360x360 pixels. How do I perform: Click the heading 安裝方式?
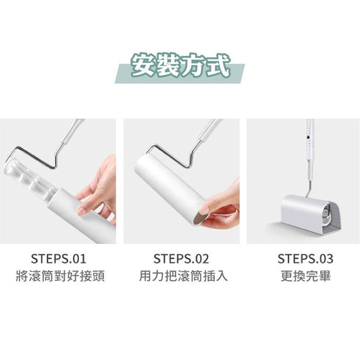pyautogui.click(x=180, y=65)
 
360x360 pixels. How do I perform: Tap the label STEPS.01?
pyautogui.click(x=59, y=259)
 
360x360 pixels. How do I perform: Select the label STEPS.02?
pyautogui.click(x=181, y=259)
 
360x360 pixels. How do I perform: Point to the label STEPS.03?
pyautogui.click(x=305, y=259)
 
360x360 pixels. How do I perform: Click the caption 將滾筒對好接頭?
pyautogui.click(x=60, y=276)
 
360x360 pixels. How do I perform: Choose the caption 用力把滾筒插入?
pyautogui.click(x=184, y=276)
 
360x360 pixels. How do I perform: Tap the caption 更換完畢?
pyautogui.click(x=305, y=276)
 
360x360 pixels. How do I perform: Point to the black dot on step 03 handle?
pyautogui.click(x=308, y=137)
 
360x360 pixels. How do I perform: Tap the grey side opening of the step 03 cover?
pyautogui.click(x=334, y=218)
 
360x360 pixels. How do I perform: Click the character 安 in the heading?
pyautogui.click(x=143, y=66)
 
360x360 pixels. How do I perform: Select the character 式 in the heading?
pyautogui.click(x=218, y=65)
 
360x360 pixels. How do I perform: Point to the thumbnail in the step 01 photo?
pyautogui.click(x=81, y=211)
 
